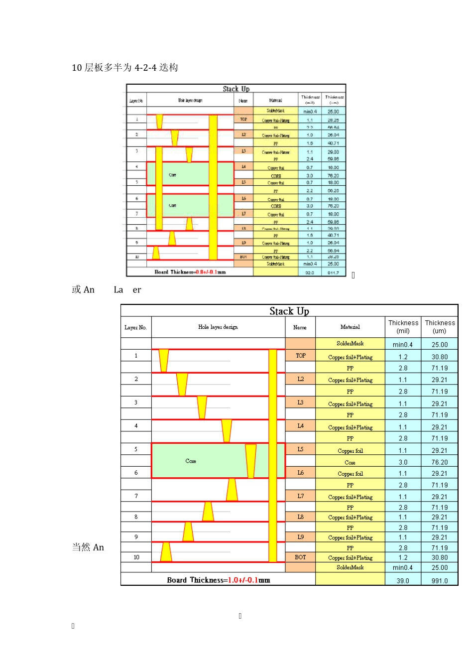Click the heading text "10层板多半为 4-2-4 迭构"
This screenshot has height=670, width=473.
125,68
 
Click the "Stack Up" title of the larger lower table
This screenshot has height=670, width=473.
289,311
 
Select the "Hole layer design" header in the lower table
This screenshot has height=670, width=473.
218,327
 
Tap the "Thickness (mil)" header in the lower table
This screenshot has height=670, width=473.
403,327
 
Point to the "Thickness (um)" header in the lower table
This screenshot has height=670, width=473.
440,327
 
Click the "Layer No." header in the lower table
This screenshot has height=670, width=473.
135,327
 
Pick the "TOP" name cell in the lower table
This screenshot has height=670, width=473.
300,356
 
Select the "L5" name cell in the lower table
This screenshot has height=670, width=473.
300,449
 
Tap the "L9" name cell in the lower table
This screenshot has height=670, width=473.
300,537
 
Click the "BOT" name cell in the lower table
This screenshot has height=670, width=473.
300,557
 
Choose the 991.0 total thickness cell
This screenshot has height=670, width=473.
440,581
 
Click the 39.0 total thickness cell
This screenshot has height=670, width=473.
403,581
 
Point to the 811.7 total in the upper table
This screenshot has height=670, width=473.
333,273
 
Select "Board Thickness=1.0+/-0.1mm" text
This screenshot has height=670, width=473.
219,580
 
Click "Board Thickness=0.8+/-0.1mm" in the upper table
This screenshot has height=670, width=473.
190,272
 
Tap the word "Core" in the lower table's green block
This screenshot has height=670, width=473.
191,461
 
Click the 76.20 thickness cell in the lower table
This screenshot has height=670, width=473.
440,462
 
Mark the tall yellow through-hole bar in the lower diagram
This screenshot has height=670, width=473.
272,456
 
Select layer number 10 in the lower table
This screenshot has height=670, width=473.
136,557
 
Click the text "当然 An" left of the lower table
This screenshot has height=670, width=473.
88,547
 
